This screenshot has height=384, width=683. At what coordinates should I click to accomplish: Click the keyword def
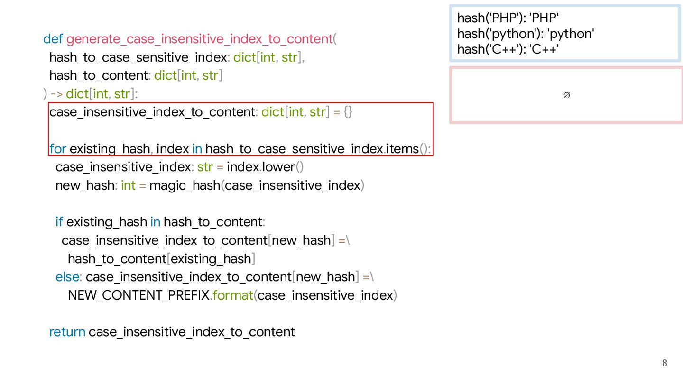[x=53, y=39]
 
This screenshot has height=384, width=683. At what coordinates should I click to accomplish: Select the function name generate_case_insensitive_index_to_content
[x=199, y=39]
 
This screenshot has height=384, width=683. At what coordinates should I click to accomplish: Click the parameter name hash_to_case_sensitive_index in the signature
[x=138, y=57]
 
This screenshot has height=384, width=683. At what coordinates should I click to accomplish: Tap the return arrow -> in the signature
[x=56, y=94]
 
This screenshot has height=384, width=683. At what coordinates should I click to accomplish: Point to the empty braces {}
[x=348, y=112]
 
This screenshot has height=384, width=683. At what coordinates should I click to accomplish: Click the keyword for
[x=58, y=149]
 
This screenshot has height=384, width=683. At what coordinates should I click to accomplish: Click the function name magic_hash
[x=185, y=185]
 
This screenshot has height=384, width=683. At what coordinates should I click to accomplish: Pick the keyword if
[x=59, y=222]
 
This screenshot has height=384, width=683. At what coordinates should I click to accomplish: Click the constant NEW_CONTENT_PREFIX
[x=138, y=295]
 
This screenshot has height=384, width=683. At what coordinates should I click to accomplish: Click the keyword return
[x=67, y=332]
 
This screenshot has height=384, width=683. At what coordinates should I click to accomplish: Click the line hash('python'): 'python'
[x=526, y=34]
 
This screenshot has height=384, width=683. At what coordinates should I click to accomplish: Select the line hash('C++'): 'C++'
[x=508, y=49]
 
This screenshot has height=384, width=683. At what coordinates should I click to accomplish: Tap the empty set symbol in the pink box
[x=566, y=95]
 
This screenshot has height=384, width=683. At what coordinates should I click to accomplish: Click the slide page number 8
[x=665, y=363]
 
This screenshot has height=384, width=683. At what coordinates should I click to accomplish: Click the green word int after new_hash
[x=128, y=185]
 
